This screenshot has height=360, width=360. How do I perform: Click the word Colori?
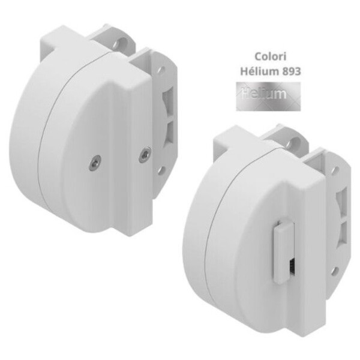(x=271, y=56)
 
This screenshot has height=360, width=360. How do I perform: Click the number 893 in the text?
(x=292, y=71)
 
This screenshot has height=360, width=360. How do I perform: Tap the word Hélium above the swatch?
(x=260, y=71)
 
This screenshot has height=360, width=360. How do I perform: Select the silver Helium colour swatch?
(x=268, y=97)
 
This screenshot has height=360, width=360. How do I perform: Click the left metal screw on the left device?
(x=95, y=163)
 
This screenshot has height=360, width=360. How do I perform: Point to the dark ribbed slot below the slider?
(x=292, y=267)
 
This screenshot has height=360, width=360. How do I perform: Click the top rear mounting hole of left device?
(x=121, y=43)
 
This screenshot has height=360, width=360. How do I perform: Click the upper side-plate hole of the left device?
(x=161, y=70)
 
